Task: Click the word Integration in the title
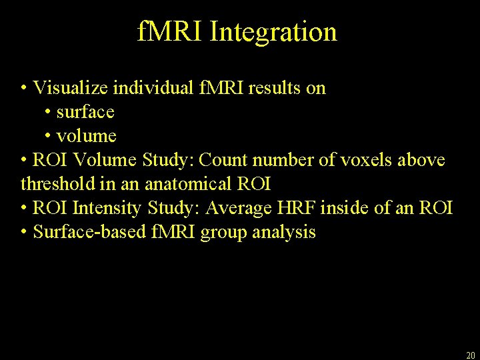tap(273, 32)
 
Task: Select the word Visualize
tap(71, 87)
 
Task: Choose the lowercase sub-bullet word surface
tap(85, 111)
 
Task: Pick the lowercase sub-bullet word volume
tap(87, 136)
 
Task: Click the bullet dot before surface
tap(49, 111)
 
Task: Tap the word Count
tap(225, 160)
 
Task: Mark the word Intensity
tap(107, 208)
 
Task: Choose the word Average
tap(237, 208)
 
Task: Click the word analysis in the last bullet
tap(284, 233)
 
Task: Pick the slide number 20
tap(470, 355)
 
